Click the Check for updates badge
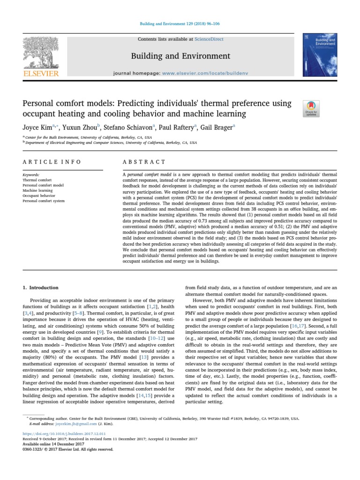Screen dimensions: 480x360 (x=312, y=108)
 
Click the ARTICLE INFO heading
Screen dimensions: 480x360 (x=52, y=162)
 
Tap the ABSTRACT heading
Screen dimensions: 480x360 (x=144, y=162)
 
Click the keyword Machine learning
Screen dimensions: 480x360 (x=37, y=190)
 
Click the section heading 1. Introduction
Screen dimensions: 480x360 (x=41, y=287)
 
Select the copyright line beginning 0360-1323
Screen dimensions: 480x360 (x=68, y=449)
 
